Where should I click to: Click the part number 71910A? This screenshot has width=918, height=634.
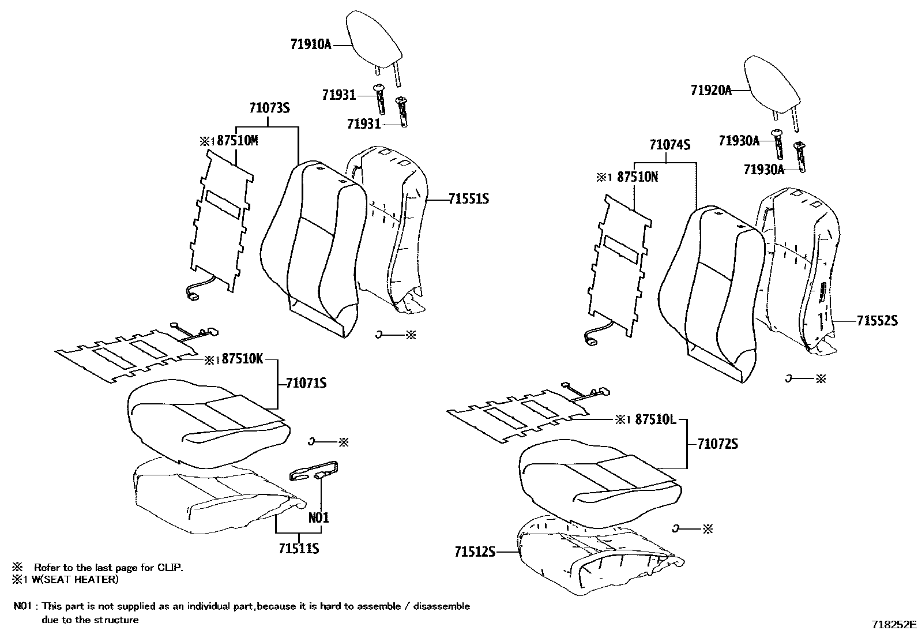coord(310,44)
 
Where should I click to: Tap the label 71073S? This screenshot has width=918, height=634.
coord(269,108)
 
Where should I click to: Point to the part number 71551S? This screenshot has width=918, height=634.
coord(469,199)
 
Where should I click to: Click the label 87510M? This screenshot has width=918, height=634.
coord(237,141)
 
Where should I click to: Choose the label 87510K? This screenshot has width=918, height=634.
coord(242,359)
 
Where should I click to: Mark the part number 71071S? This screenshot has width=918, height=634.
coord(307,382)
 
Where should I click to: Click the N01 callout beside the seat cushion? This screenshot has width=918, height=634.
coord(318,517)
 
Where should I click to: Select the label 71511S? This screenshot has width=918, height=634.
coord(299,548)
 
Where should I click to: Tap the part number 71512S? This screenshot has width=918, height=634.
coord(475,553)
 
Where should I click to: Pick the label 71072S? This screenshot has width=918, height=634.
coord(717,444)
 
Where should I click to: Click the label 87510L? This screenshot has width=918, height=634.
coord(655,419)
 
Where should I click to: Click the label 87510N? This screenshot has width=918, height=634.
coord(637,177)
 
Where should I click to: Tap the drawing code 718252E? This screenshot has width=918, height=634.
coord(893,624)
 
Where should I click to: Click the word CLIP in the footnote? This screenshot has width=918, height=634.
coord(170,568)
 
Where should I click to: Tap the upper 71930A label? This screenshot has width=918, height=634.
coord(739,140)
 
